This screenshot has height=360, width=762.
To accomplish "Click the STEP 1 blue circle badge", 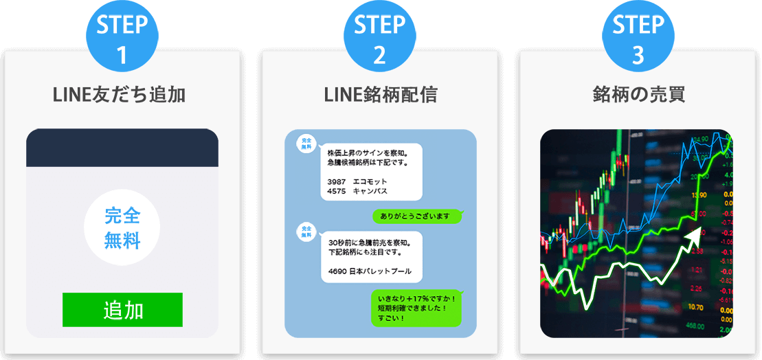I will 122,38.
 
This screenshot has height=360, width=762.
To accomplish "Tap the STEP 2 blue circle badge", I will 380,38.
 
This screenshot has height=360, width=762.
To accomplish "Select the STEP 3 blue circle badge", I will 638,38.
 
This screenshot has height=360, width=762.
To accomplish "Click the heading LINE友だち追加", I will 120,95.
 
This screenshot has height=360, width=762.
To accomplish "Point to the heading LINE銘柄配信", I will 380,95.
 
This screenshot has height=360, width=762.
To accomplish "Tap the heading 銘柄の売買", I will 638,95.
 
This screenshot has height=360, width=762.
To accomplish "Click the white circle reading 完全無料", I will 122,228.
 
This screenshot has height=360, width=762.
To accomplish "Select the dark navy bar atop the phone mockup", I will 122,147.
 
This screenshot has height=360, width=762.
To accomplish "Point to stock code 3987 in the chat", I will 337,181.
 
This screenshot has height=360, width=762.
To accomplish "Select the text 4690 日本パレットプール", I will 370,271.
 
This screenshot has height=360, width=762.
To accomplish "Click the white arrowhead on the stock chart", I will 694,238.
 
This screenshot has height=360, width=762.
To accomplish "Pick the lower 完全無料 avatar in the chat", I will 306,232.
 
